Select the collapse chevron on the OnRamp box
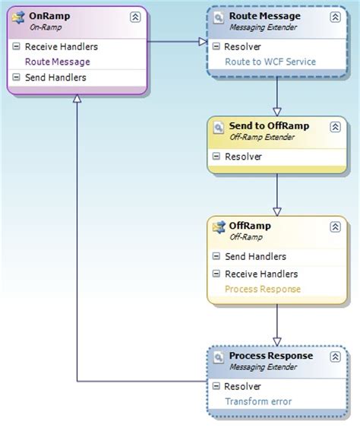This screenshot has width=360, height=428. (134, 17)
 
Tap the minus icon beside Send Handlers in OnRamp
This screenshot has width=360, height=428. (17, 78)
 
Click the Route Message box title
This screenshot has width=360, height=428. (264, 15)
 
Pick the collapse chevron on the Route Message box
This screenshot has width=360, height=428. (335, 17)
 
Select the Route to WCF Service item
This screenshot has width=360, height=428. (270, 62)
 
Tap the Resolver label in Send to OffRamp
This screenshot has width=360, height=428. (243, 156)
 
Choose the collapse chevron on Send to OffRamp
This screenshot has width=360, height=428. (335, 126)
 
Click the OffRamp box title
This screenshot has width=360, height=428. (250, 226)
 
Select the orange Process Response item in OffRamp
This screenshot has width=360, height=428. (263, 289)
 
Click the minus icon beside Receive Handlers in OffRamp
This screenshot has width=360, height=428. (216, 274)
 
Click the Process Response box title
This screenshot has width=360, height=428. (271, 356)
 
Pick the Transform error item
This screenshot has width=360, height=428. (258, 402)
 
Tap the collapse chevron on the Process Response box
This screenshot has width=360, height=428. (335, 357)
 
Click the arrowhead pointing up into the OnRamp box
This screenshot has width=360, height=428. (77, 100)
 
